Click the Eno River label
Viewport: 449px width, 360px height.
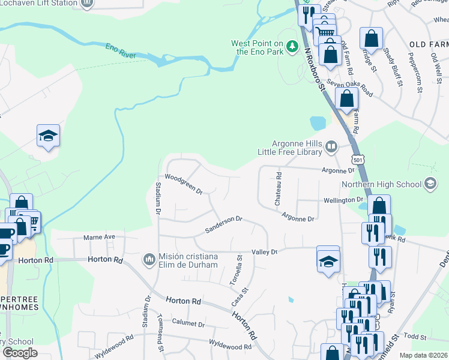[120, 51]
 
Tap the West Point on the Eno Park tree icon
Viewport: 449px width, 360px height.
[292, 46]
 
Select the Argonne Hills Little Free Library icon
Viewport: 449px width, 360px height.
[330, 146]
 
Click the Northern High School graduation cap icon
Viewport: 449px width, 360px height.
[430, 183]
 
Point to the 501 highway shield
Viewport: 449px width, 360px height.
[358, 160]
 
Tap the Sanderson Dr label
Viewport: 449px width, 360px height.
[223, 224]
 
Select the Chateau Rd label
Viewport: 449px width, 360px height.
[279, 190]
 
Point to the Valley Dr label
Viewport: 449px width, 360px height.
[264, 252]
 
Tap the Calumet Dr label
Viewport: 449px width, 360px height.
[188, 323]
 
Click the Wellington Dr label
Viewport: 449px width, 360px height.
[344, 199]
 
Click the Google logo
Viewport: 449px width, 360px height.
[19, 353]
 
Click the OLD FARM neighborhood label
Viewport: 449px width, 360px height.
[429, 45]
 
